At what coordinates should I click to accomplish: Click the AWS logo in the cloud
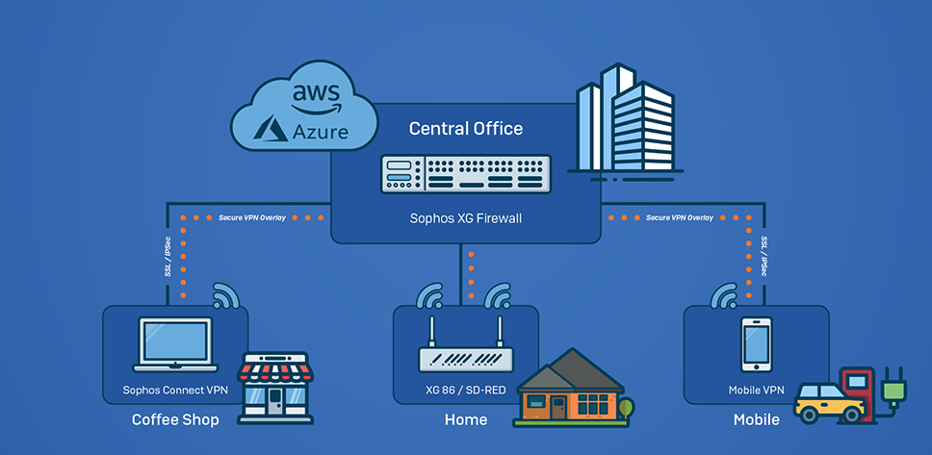click(316, 100)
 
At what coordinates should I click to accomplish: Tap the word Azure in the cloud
click(321, 131)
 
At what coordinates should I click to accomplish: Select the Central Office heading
click(466, 128)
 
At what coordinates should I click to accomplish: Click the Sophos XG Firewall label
click(466, 218)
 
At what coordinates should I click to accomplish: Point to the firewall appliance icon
click(466, 174)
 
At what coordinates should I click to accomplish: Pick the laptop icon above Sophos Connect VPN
click(175, 344)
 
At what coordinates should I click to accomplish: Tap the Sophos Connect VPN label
click(175, 391)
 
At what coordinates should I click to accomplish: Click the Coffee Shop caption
click(175, 420)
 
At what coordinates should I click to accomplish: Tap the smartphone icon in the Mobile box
click(756, 344)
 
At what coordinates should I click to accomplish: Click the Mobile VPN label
click(756, 391)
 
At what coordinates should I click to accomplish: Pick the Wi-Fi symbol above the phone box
click(725, 295)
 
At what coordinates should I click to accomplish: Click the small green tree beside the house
click(626, 409)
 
